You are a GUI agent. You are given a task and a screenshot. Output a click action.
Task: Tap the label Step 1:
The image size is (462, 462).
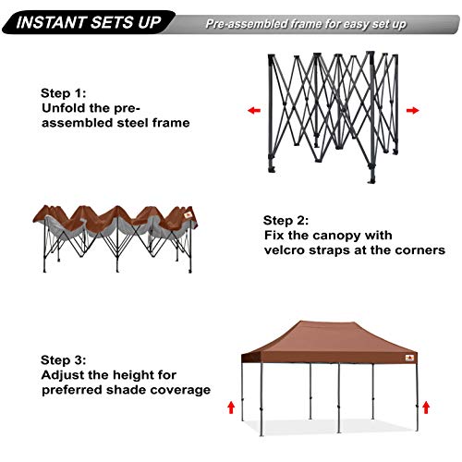66,93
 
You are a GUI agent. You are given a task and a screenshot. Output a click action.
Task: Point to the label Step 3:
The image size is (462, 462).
66,359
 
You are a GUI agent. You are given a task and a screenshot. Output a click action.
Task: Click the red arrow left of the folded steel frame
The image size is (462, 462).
253,109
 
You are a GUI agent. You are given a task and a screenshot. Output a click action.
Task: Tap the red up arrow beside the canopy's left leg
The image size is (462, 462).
230,406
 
